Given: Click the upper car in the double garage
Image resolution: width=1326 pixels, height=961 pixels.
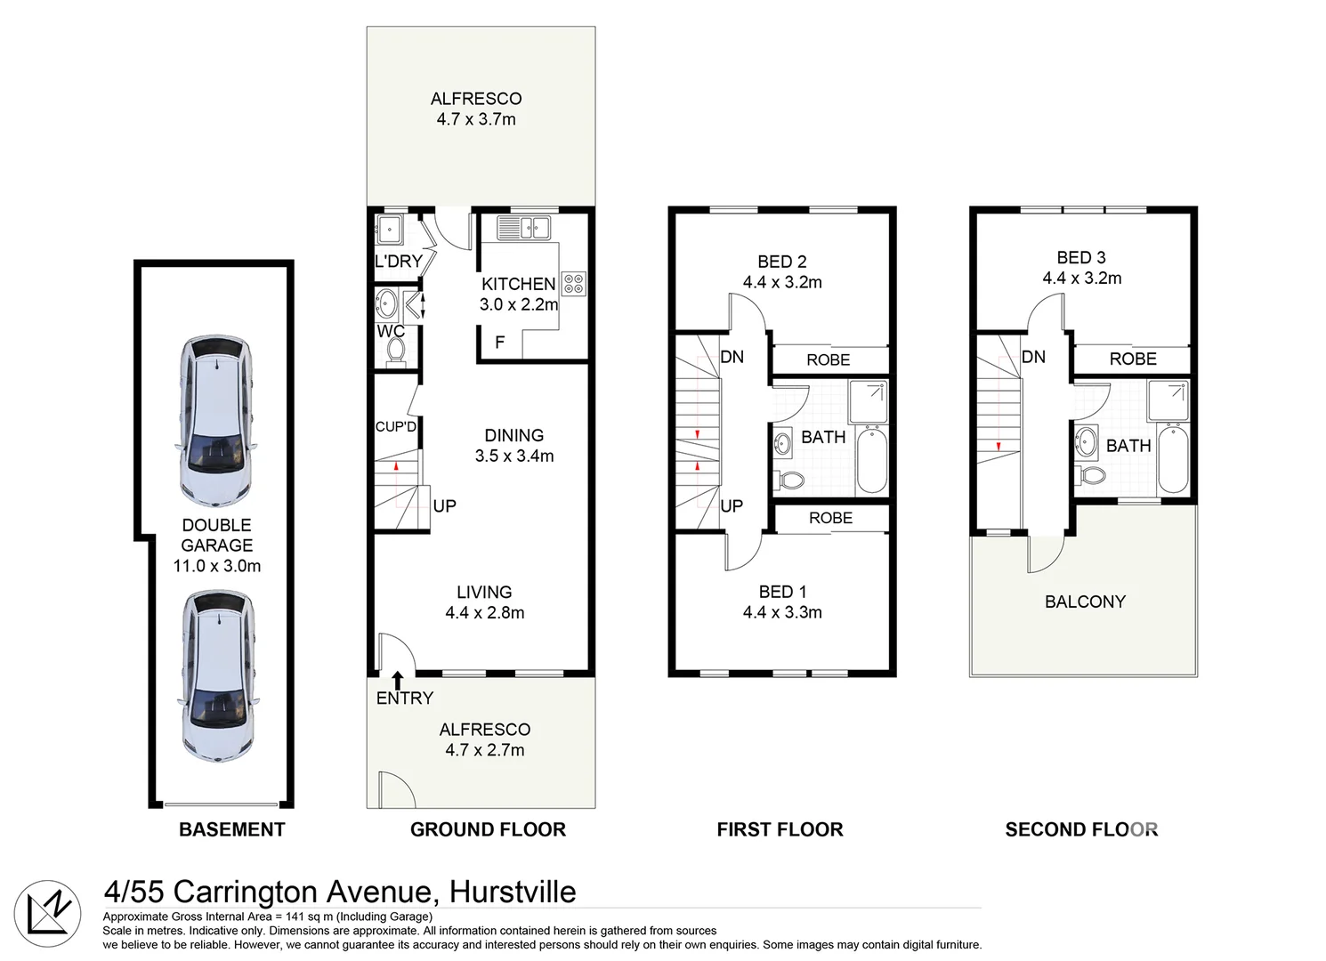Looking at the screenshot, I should click(216, 421).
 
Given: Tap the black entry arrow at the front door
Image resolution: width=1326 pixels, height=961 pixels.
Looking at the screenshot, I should click(398, 681).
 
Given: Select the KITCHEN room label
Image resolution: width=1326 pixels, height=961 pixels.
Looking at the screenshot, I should click(518, 284).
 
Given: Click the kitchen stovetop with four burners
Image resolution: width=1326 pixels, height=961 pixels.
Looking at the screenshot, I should click(574, 284).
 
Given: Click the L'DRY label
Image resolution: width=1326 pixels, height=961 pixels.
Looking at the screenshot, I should click(398, 262).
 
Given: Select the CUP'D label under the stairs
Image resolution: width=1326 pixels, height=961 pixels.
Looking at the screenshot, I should click(395, 427).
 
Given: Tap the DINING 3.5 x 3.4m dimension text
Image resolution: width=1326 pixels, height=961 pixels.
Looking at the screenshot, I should click(514, 456).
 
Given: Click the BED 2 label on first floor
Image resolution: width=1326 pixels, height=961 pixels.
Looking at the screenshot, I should click(781, 262).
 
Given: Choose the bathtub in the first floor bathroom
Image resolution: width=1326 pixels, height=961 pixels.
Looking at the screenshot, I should click(871, 459).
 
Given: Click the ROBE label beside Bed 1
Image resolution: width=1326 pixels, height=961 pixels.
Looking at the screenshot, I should click(830, 518).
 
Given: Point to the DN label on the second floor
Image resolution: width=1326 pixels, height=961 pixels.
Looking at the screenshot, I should click(1033, 357).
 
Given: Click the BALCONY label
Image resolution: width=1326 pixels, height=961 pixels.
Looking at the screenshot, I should click(1085, 602).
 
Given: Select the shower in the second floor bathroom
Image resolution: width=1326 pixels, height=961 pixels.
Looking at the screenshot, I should click(1168, 401).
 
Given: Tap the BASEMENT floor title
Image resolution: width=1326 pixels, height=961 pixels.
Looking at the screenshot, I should click(231, 829).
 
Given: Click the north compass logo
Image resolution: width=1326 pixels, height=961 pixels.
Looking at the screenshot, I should click(48, 914).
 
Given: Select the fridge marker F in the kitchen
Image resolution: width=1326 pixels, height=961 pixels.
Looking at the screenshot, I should click(499, 343).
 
